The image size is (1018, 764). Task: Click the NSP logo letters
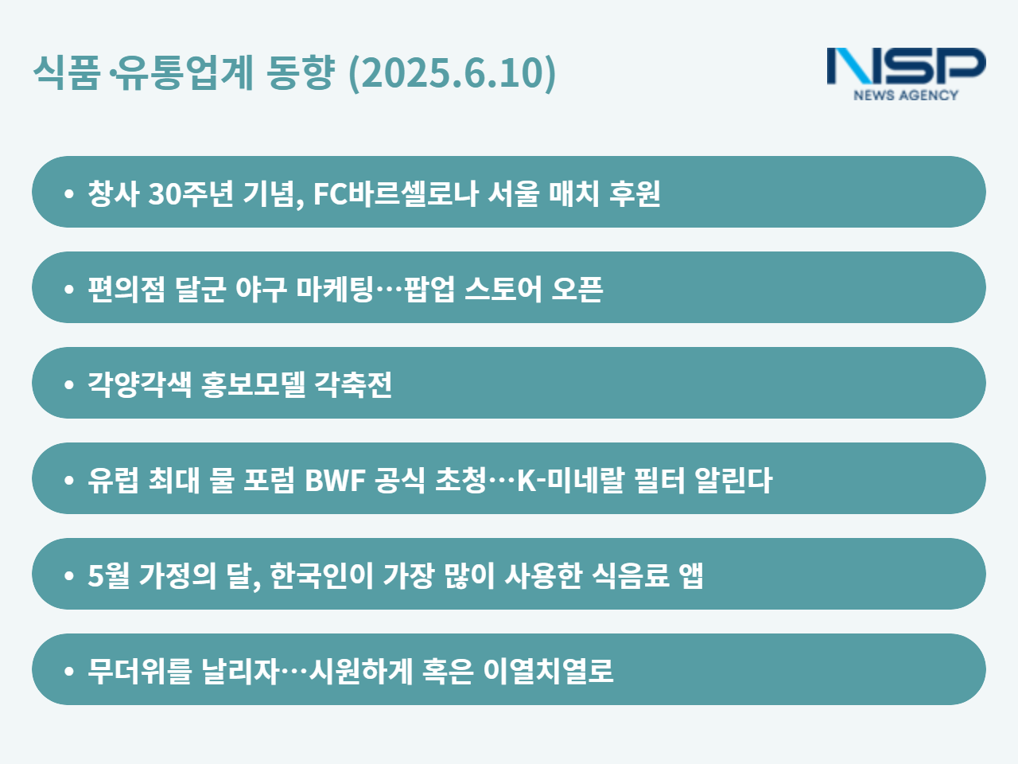906,66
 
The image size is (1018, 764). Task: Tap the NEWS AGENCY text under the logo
906,95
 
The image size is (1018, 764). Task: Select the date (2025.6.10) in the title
453,72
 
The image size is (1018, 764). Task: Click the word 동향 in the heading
301,72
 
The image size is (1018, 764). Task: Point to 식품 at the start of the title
67,72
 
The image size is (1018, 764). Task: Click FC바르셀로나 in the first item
396,193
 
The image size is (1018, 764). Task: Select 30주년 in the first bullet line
191,193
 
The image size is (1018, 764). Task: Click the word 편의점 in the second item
126,289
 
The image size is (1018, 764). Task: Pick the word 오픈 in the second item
577,289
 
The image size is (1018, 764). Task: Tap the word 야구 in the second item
261,289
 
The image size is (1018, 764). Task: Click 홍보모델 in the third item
253,384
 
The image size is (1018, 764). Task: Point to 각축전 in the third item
353,384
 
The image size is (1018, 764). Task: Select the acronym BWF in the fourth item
335,480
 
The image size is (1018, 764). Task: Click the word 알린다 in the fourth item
733,480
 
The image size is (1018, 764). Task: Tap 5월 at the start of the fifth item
109,575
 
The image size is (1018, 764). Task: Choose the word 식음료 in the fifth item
631,575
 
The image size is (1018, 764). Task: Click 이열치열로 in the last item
548,671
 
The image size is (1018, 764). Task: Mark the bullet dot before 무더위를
69,671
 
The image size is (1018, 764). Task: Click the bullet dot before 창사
69,193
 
